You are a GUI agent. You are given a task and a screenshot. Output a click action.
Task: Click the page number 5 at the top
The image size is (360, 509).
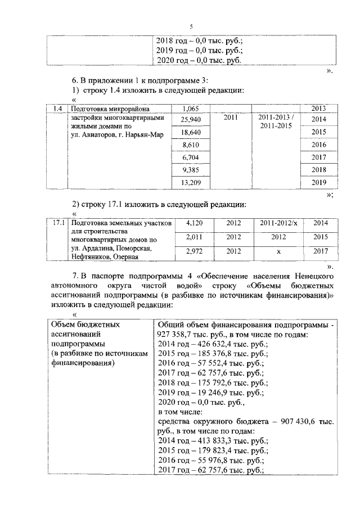click(191, 27)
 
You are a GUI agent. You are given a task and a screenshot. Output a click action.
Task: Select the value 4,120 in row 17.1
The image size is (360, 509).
click(192, 223)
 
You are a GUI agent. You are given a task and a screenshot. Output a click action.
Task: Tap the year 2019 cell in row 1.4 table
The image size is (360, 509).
click(319, 182)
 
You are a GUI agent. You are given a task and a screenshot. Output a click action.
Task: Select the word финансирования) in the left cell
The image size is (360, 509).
click(83, 363)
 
